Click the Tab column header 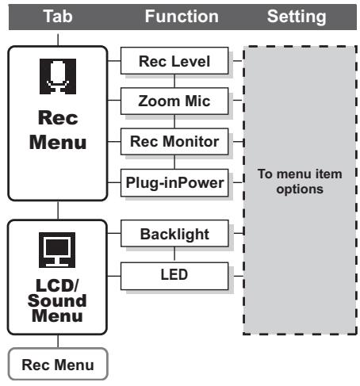58,17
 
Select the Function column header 182,17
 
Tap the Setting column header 297,17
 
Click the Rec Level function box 174,61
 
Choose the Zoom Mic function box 174,101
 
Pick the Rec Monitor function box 174,141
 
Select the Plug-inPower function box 174,182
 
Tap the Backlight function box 174,234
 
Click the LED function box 174,276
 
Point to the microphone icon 58,76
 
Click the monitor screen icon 57,250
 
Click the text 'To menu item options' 300,182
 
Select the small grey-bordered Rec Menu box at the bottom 58,364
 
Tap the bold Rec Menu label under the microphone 58,130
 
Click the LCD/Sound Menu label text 57,300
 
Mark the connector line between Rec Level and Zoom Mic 174,81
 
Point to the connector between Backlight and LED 174,254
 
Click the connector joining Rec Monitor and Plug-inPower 174,162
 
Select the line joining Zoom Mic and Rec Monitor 174,121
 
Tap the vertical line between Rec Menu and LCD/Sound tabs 58,210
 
